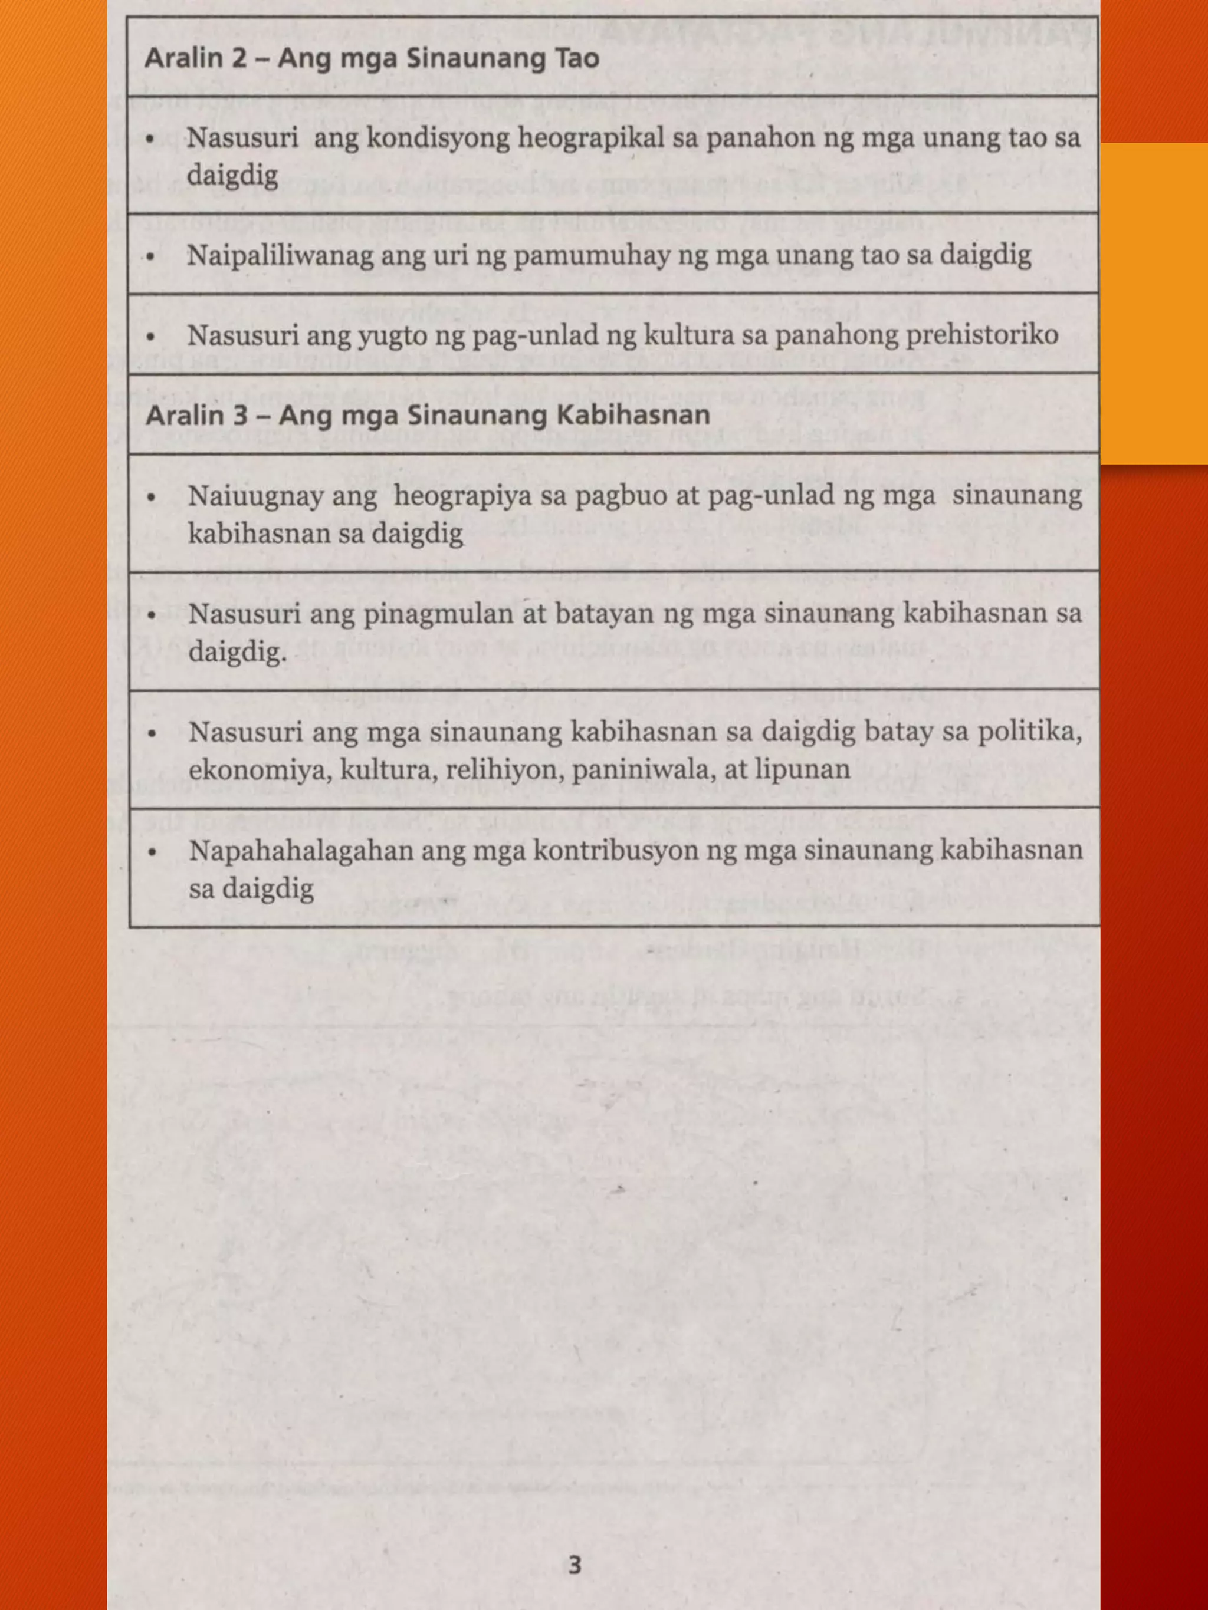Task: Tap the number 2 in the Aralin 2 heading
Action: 239,58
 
